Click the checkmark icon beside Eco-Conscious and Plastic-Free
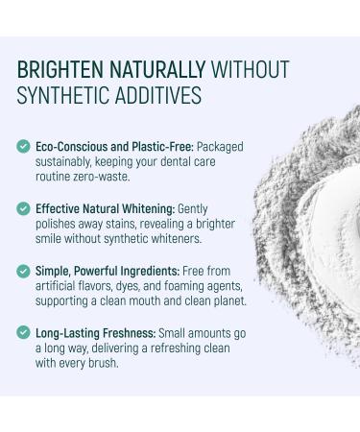(x=23, y=147)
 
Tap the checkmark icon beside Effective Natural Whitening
(x=23, y=206)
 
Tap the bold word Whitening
(x=150, y=206)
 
